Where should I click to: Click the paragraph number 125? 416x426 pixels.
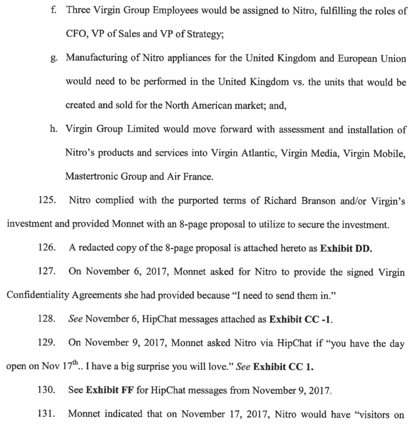(x=47, y=201)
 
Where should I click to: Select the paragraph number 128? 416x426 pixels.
(x=47, y=320)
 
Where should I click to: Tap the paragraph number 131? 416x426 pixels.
(x=47, y=415)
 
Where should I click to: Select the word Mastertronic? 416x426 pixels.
(x=94, y=177)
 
